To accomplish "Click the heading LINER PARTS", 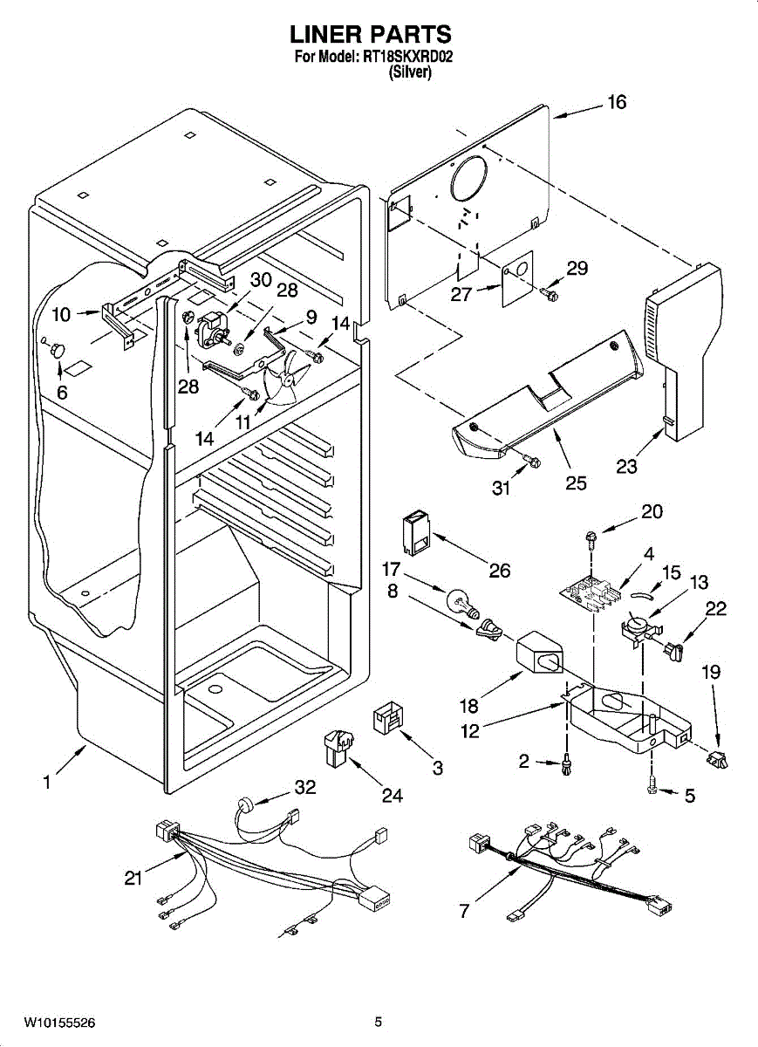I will [x=371, y=35].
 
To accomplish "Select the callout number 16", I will [x=616, y=103].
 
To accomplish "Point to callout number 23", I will [x=626, y=467].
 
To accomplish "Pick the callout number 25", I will [x=576, y=482].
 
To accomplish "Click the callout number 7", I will [x=463, y=912].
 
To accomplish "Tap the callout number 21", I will [x=133, y=879].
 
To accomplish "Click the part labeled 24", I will [x=338, y=749].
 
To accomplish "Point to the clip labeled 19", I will [x=719, y=760].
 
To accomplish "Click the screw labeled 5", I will [x=652, y=786].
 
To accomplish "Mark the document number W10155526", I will [x=59, y=1022].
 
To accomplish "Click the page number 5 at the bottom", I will [x=379, y=1022].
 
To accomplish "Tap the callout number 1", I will [x=46, y=783].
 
